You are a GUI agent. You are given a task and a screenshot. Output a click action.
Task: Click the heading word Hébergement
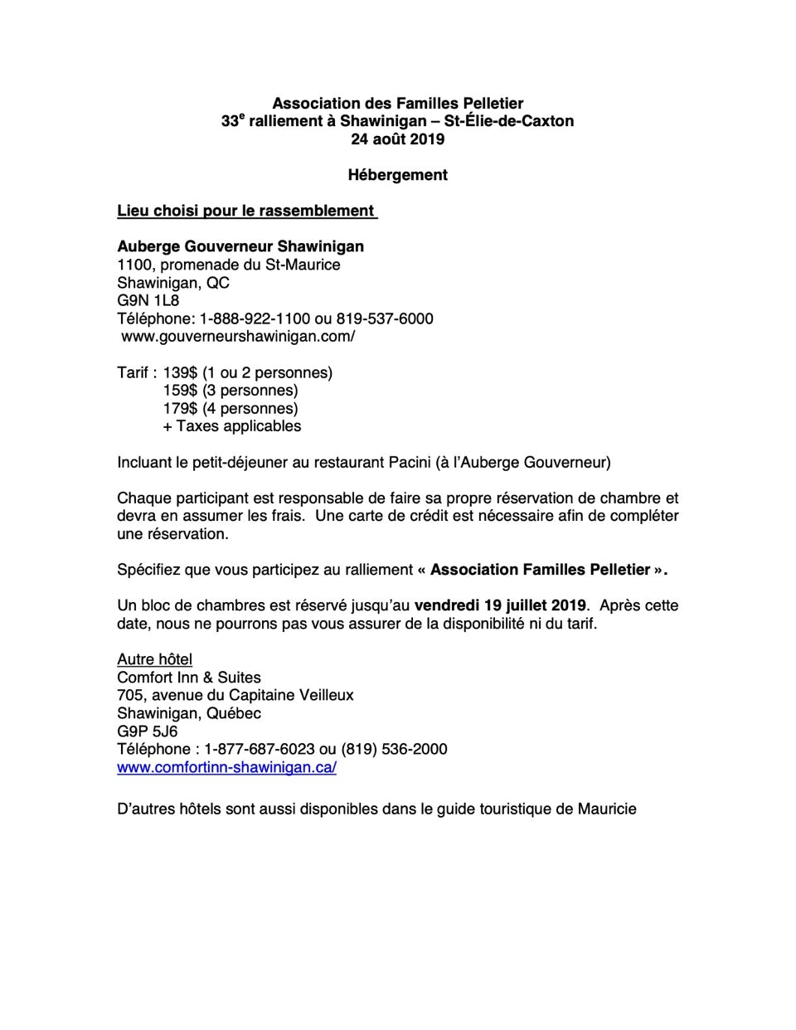click(397, 175)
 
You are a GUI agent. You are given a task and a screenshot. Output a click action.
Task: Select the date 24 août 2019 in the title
click(397, 139)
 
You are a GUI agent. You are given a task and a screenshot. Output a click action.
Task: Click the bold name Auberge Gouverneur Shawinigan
click(240, 246)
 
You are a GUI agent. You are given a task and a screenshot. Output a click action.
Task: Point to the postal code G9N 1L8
click(148, 300)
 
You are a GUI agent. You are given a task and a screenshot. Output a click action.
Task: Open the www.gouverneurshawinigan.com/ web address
click(238, 337)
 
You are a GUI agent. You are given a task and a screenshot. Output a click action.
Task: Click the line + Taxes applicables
click(232, 426)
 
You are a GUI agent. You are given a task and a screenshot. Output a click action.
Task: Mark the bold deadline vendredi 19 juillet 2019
click(500, 605)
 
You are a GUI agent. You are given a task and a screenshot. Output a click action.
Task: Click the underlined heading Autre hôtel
click(155, 659)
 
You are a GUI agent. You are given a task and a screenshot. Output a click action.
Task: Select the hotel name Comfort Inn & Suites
click(189, 678)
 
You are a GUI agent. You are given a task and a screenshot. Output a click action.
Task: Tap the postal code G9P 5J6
click(148, 731)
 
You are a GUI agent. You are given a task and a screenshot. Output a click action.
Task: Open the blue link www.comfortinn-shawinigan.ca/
click(226, 767)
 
